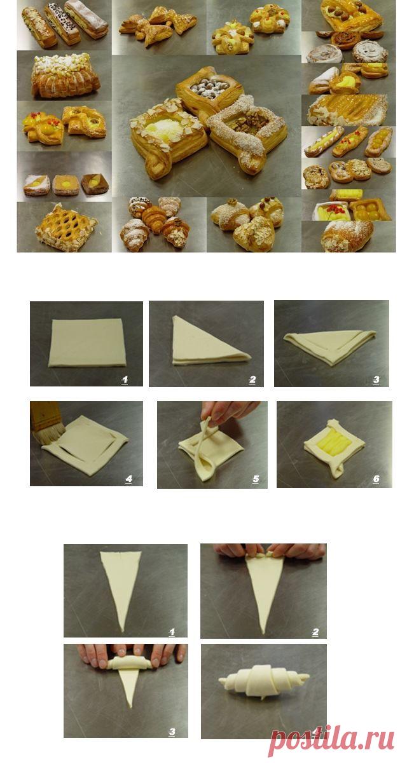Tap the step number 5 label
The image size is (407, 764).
pos(256,479)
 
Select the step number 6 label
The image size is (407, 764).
pos(376,479)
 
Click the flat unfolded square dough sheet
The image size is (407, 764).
pos(87,342)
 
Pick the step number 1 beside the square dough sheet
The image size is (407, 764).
pos(125,379)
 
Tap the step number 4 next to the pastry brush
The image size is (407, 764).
pos(128,479)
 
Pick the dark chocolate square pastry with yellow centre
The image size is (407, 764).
pos(95,184)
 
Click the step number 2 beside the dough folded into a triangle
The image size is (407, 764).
pos(252,379)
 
